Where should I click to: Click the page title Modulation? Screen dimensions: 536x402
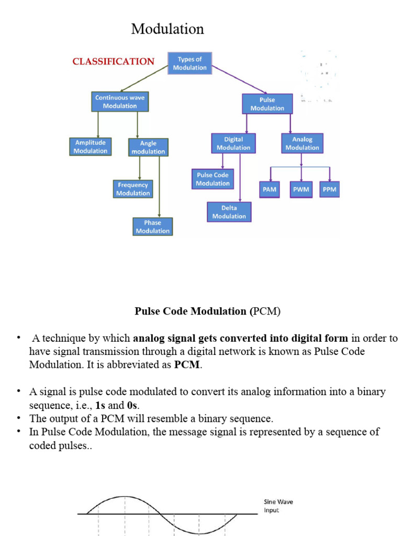pyautogui.click(x=167, y=29)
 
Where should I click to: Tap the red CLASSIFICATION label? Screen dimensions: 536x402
pyautogui.click(x=114, y=61)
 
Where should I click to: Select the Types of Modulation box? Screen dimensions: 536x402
pyautogui.click(x=189, y=63)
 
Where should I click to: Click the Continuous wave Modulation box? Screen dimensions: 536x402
pyautogui.click(x=120, y=102)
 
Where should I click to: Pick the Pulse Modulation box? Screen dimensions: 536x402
pyautogui.click(x=267, y=104)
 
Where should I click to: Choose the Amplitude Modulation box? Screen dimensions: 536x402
pyautogui.click(x=90, y=147)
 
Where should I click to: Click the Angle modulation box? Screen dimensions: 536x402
pyautogui.click(x=148, y=147)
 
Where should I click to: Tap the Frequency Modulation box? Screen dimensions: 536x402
pyautogui.click(x=133, y=189)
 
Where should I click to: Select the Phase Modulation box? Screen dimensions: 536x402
pyautogui.click(x=152, y=227)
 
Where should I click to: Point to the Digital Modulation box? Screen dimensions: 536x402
pyautogui.click(x=233, y=143)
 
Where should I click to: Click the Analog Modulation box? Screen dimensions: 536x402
pyautogui.click(x=302, y=143)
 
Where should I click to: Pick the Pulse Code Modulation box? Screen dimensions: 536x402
pyautogui.click(x=213, y=179)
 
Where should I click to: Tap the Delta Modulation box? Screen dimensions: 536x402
pyautogui.click(x=229, y=212)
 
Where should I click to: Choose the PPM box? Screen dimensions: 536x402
pyautogui.click(x=329, y=189)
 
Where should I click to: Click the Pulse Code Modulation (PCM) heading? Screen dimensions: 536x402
pyautogui.click(x=208, y=311)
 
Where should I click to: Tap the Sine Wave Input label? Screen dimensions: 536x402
pyautogui.click(x=278, y=506)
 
